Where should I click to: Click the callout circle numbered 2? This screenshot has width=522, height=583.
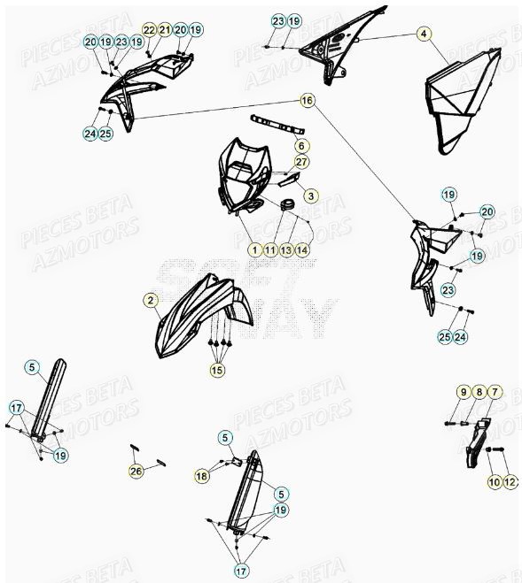click(152, 301)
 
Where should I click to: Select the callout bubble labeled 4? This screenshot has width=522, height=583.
click(425, 35)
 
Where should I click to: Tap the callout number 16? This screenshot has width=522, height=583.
click(308, 102)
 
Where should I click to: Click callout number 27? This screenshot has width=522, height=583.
click(301, 162)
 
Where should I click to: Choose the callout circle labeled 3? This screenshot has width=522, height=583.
click(310, 194)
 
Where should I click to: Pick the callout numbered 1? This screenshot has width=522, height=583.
click(254, 250)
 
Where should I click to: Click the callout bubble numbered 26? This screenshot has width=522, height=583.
click(136, 472)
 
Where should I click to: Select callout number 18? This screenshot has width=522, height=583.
click(201, 476)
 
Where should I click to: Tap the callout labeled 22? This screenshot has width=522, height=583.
click(149, 30)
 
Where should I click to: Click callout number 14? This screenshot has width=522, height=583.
click(302, 250)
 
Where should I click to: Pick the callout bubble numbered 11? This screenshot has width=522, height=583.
click(270, 250)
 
